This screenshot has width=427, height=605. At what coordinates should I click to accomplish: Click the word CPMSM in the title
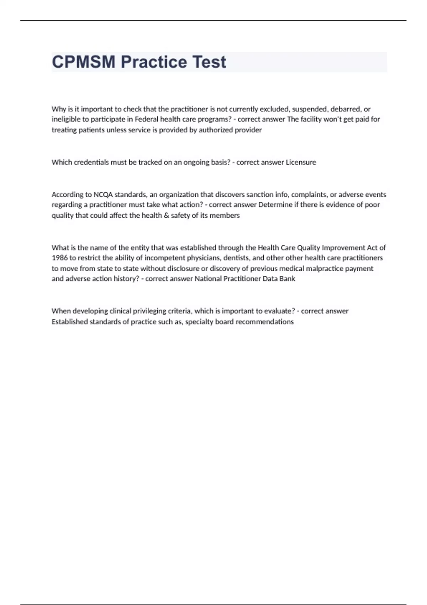84,62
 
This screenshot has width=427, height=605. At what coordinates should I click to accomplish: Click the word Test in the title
209,62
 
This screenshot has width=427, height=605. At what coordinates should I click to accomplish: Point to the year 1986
59,258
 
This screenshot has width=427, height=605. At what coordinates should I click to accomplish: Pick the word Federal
146,119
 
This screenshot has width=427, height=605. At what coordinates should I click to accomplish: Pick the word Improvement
343,248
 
